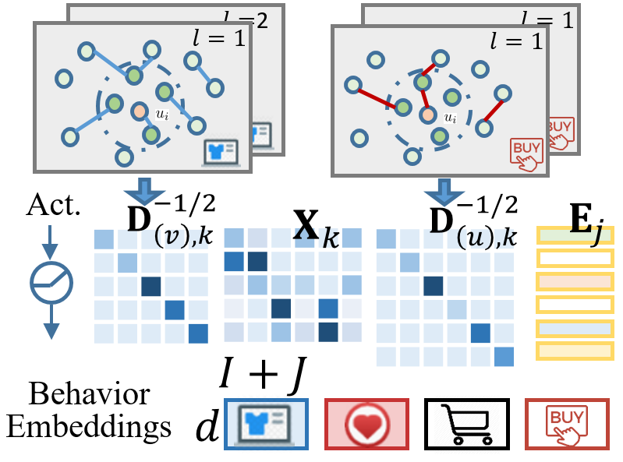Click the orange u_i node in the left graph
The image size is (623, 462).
139,111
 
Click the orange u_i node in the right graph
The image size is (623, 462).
427,115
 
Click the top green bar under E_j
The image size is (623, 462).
575,235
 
